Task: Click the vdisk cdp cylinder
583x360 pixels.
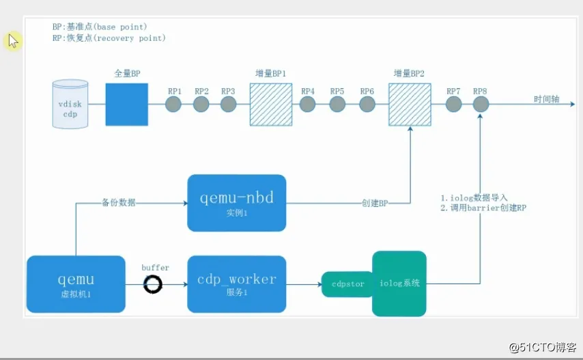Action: click(70, 104)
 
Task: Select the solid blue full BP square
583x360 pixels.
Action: click(127, 105)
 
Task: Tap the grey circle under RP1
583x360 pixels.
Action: click(173, 104)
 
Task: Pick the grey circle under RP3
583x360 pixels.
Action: click(228, 104)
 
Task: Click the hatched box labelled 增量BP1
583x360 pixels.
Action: click(271, 105)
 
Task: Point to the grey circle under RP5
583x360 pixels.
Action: click(337, 104)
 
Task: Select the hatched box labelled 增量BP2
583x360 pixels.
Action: click(410, 105)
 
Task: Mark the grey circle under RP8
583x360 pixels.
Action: click(481, 104)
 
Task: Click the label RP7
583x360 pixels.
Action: click(453, 91)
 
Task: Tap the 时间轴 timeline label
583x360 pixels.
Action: click(547, 99)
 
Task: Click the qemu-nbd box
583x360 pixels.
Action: click(237, 203)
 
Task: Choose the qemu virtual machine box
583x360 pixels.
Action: click(76, 284)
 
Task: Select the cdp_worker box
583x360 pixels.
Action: click(237, 284)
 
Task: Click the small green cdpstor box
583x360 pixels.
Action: click(347, 284)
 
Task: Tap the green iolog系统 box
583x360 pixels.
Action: click(399, 283)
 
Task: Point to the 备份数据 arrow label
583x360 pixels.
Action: click(119, 203)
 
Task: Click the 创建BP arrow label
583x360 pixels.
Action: click(375, 203)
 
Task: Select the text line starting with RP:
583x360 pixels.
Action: click(109, 38)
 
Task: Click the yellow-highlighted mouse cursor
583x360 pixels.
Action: click(13, 41)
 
